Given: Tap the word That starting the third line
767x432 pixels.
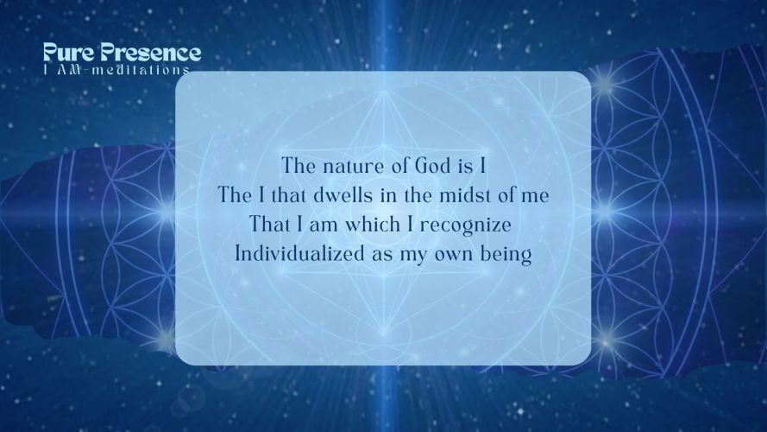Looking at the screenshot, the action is [271, 225].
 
